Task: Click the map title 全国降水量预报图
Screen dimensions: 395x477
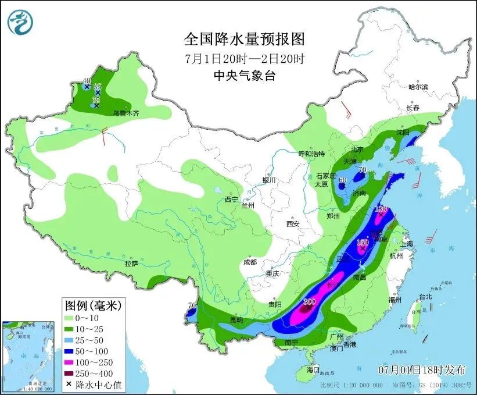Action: pos(244,39)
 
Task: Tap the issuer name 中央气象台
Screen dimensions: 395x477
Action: pos(244,74)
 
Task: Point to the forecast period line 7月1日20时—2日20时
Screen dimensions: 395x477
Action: pos(244,58)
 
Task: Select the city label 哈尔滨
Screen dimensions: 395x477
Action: pos(418,87)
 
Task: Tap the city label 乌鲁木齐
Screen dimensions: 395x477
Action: pos(127,113)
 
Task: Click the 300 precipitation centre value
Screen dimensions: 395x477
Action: pos(309,301)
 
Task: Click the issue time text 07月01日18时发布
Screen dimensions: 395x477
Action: pos(421,369)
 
